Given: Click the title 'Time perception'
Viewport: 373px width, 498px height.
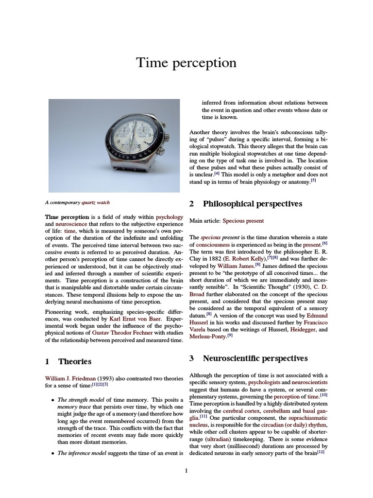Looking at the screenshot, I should pyautogui.click(x=186, y=63).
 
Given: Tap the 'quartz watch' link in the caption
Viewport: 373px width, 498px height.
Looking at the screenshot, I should pyautogui.click(x=95, y=202).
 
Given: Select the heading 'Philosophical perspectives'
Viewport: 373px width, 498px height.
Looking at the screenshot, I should pyautogui.click(x=252, y=203).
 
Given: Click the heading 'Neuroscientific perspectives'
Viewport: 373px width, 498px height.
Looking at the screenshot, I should pyautogui.click(x=255, y=358).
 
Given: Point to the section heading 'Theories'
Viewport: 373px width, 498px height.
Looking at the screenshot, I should pyautogui.click(x=74, y=361).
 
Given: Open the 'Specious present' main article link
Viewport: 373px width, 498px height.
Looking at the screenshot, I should pyautogui.click(x=243, y=221).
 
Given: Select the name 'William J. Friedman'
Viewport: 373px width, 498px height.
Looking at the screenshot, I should pyautogui.click(x=70, y=378).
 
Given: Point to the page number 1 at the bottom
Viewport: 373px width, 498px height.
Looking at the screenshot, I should pyautogui.click(x=186, y=470).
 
